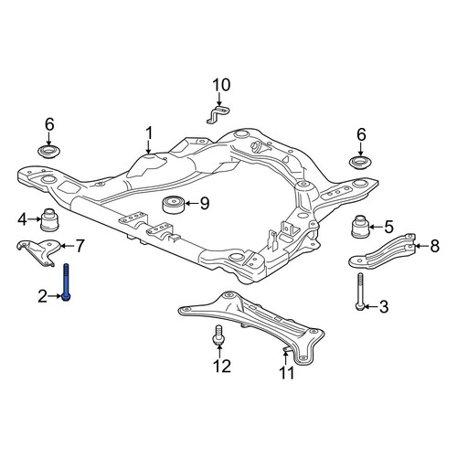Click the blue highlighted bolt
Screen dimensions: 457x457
pos(66,282)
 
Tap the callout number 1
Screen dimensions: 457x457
pos(149,134)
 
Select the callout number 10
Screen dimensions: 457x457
pos(221,85)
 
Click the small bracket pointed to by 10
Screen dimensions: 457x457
pos(218,114)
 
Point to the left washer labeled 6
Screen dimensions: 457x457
pos(48,151)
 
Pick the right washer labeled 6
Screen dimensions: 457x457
pos(360,162)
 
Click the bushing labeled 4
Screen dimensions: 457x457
pos(49,219)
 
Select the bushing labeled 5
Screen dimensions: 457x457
pos(360,227)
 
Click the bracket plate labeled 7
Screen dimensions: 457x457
pos(38,251)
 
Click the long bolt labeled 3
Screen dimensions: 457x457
pos(360,292)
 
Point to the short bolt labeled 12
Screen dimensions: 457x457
pos(218,335)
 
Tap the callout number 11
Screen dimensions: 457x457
pos(287,373)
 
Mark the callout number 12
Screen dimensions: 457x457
pos(222,366)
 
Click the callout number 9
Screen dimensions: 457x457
pos(205,203)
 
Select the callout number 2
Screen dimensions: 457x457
pos(43,296)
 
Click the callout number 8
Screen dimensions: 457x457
pos(434,246)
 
